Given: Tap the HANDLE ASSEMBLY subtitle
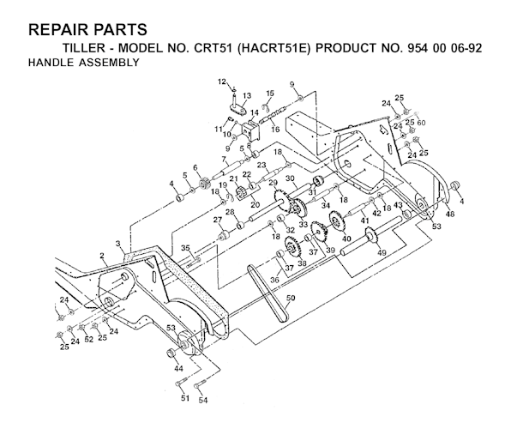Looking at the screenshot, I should [x=83, y=63].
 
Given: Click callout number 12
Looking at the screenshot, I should [x=220, y=81].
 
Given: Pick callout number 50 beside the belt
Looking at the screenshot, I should [x=291, y=298].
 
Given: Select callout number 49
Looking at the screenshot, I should [x=382, y=252].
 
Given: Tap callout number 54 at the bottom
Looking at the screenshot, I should [x=202, y=399].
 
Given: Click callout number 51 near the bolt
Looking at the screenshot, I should [x=183, y=399].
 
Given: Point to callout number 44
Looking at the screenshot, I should [x=179, y=368].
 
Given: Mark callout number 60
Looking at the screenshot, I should [x=422, y=124].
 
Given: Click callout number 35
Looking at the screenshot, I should [x=184, y=247].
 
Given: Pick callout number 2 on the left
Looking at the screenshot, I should [x=102, y=256].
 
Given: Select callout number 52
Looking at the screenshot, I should [x=88, y=339].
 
